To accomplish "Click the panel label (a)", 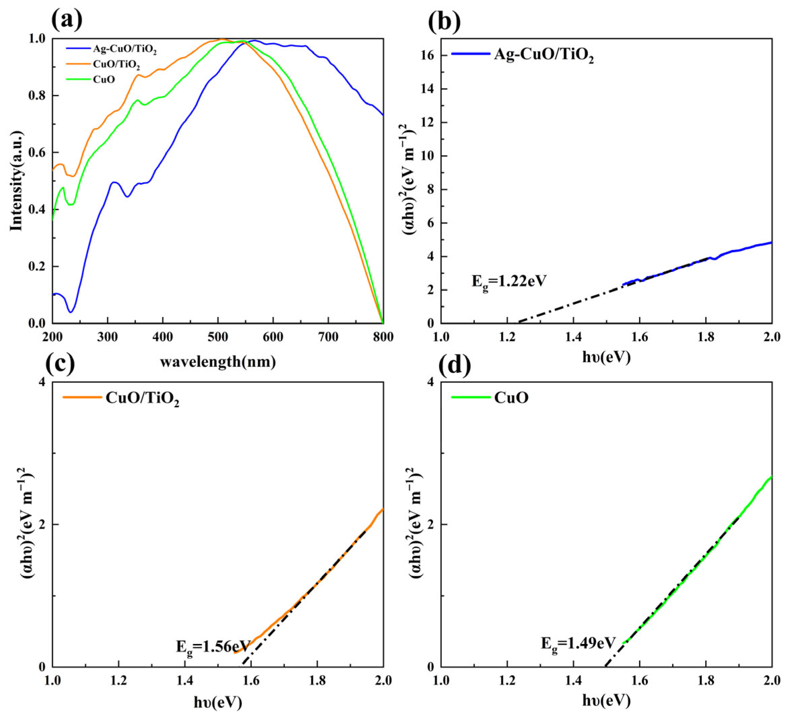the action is [67, 18].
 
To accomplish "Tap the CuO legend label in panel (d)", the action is [511, 398].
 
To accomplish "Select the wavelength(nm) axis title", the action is [218, 362].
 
